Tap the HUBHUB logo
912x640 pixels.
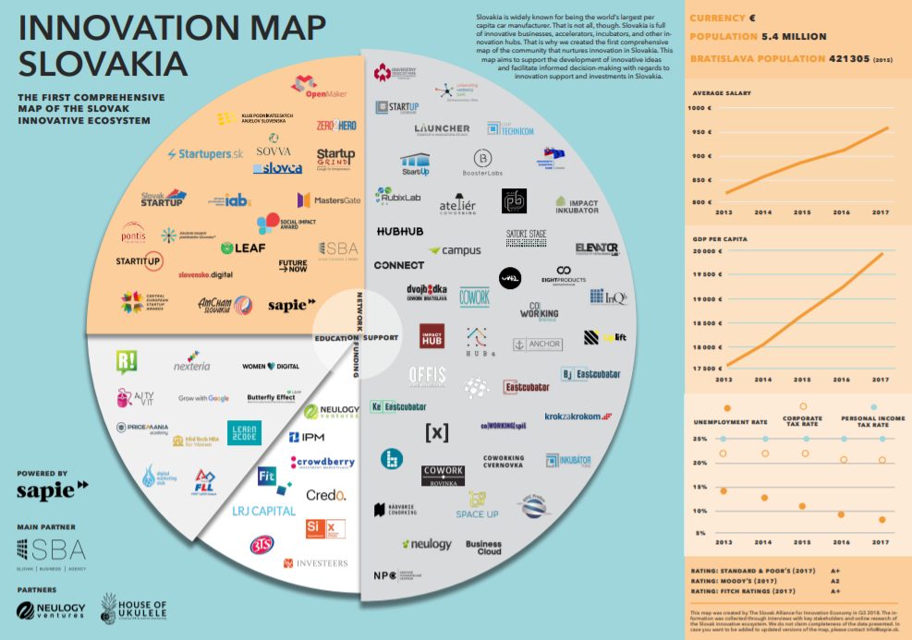click(399, 231)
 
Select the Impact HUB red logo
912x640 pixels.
click(434, 337)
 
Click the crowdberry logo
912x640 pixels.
click(322, 463)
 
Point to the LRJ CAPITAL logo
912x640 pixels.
click(263, 511)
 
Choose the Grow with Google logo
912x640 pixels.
click(203, 398)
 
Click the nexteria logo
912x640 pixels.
click(193, 366)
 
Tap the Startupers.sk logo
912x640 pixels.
click(204, 153)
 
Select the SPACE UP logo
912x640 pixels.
click(477, 508)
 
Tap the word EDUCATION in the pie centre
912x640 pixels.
click(335, 338)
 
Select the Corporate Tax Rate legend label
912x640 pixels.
click(802, 422)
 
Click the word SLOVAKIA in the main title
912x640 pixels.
click(102, 65)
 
